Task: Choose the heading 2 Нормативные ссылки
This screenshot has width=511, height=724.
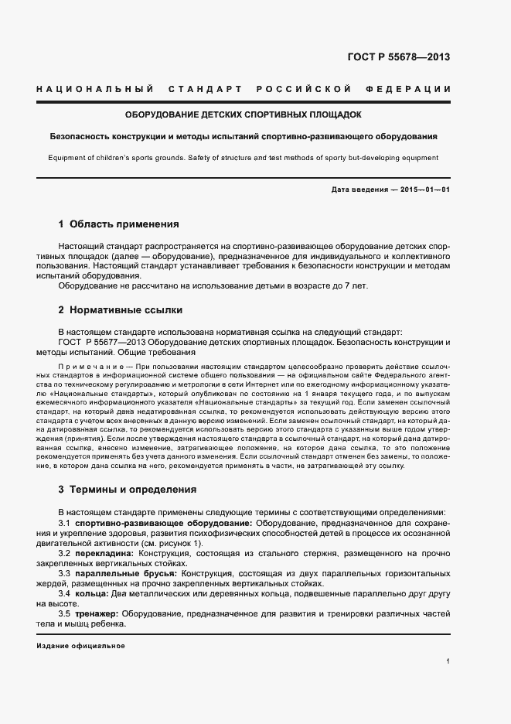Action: (120, 310)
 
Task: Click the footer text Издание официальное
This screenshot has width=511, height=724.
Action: (80, 646)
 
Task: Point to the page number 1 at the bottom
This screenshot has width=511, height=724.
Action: (448, 661)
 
